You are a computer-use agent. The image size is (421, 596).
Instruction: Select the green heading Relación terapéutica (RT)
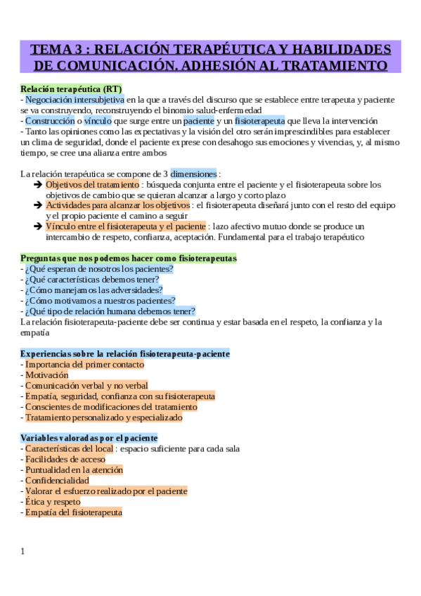coord(71,89)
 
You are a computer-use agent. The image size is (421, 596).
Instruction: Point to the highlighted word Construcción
coord(50,121)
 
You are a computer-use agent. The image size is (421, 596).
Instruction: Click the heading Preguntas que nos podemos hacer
coord(129,258)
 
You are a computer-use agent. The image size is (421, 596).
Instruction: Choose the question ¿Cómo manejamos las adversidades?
coord(93,290)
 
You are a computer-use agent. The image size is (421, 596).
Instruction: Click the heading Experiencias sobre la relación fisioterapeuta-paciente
coord(125,354)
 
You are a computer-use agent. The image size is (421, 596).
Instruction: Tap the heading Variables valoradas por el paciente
coord(89,438)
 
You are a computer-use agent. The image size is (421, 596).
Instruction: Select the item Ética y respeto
coord(53,502)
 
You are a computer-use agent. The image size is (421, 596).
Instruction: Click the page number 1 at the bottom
coord(22,552)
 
